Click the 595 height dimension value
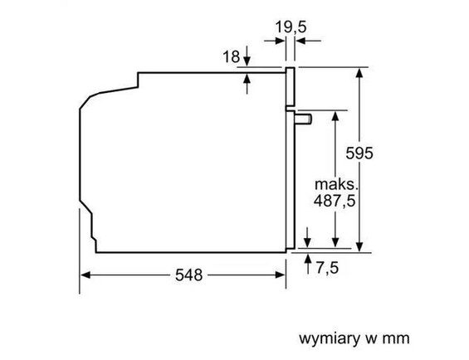pos(360,153)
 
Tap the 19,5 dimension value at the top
pos(291,27)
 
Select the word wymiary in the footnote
pos(326,338)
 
